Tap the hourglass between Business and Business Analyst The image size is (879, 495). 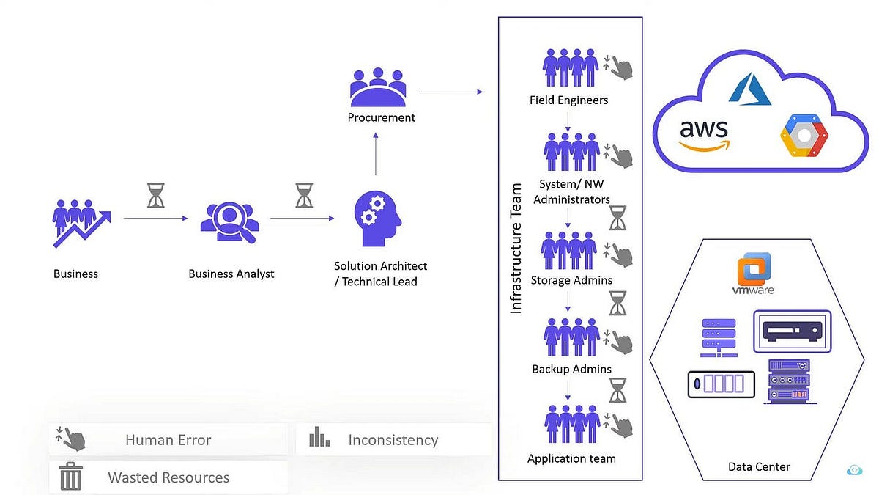point(155,196)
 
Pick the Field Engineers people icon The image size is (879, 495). point(571,68)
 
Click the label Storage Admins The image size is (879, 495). point(571,279)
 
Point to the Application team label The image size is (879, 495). point(571,458)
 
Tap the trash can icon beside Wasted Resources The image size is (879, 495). point(70,477)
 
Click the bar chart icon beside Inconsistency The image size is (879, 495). point(319,439)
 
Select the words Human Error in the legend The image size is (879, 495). point(168,440)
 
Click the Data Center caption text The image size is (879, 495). point(759,466)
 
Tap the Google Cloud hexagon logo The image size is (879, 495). point(804,136)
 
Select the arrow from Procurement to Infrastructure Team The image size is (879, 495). point(450,92)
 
